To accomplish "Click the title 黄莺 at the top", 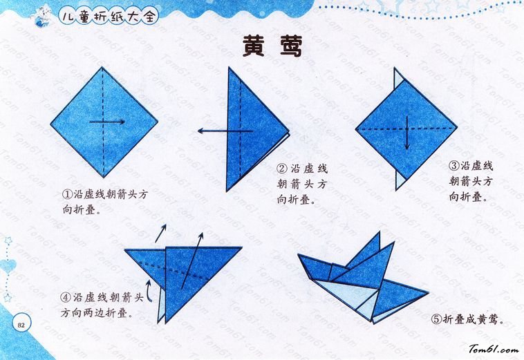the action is pyautogui.click(x=272, y=46).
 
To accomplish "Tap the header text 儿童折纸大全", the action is pyautogui.click(x=109, y=16).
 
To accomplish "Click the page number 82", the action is pyautogui.click(x=21, y=325).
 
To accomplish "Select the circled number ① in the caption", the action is pyautogui.click(x=68, y=194).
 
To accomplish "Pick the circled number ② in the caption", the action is pyautogui.click(x=282, y=168).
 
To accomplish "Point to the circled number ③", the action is pyautogui.click(x=454, y=165).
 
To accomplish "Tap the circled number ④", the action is pyautogui.click(x=66, y=297).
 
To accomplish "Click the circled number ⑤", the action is pyautogui.click(x=436, y=319).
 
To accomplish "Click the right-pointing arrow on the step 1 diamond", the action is pyautogui.click(x=107, y=122).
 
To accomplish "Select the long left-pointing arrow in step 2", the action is pyautogui.click(x=225, y=131).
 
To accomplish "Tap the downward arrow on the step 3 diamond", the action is pyautogui.click(x=407, y=133).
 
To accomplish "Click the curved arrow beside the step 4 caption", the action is pyautogui.click(x=149, y=290).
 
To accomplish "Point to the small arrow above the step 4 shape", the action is pyautogui.click(x=161, y=233).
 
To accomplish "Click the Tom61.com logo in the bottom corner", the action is pyautogui.click(x=494, y=349).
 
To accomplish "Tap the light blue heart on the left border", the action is pyautogui.click(x=8, y=266).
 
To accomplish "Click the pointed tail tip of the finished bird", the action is pyautogui.click(x=428, y=293).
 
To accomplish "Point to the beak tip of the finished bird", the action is pyautogui.click(x=299, y=256).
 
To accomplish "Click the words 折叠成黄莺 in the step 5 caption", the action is pyautogui.click(x=470, y=319).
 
